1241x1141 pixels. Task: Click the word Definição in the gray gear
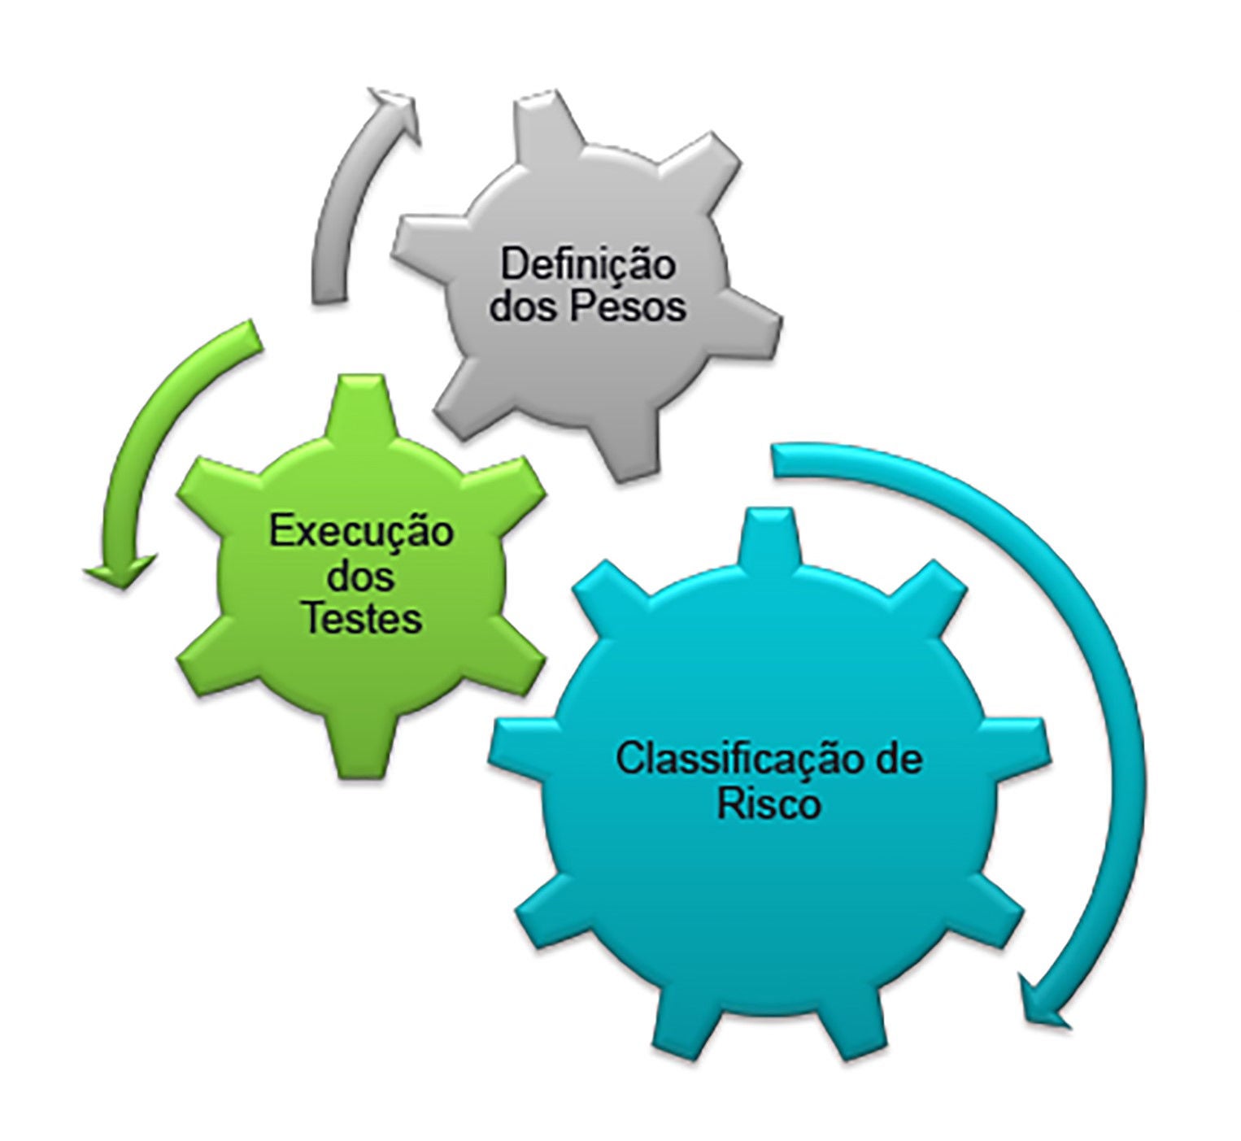587,265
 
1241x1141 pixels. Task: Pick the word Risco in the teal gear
769,805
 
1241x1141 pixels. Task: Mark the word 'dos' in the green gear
360,577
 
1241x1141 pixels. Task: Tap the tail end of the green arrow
258,338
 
